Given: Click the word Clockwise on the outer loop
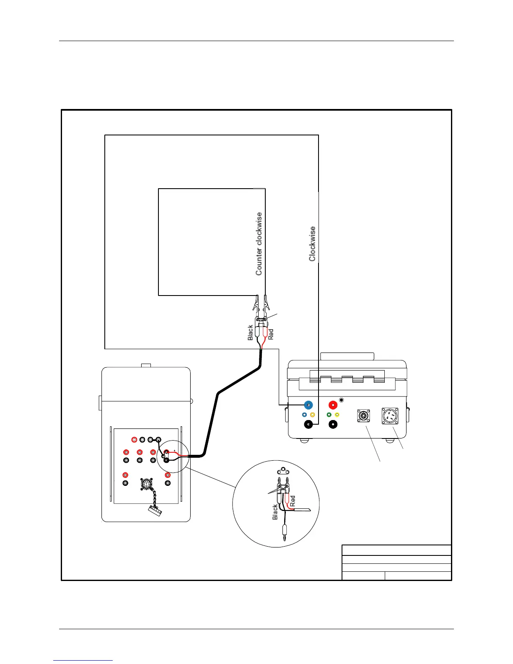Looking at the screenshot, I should click(312, 244).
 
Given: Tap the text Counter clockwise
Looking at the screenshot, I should click(259, 244).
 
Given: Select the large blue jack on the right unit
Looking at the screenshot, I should click(308, 405).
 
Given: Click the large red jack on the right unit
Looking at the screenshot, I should click(333, 405).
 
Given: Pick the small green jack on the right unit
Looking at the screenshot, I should click(329, 415).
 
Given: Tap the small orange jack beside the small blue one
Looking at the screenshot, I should click(312, 415).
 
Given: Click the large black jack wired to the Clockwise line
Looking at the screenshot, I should click(308, 425).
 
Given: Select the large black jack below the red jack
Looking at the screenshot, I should click(333, 425).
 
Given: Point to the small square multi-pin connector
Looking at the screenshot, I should click(363, 416).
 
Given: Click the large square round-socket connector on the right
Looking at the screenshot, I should click(389, 416).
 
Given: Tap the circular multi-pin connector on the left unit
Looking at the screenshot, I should click(147, 484).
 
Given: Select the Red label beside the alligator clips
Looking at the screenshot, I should click(271, 334).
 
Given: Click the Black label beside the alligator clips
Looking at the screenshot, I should click(251, 332).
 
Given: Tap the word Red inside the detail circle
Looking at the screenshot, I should click(293, 501).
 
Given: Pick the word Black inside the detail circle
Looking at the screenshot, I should click(275, 512).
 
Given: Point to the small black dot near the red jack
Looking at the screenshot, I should click(341, 400).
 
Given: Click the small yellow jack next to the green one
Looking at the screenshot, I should click(337, 415).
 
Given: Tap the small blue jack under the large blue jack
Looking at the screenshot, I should click(304, 415).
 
